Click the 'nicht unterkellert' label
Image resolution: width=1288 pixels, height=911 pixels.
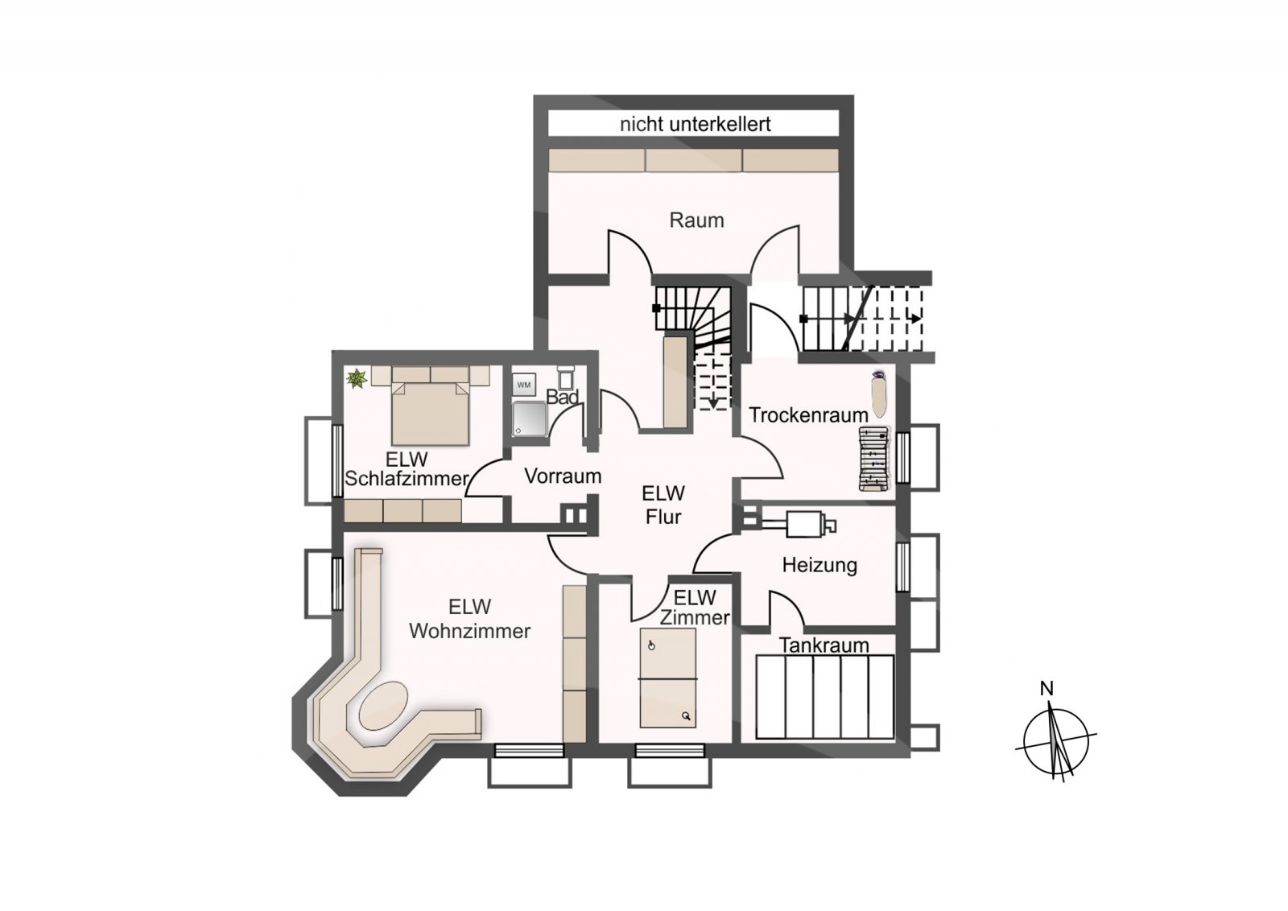[696, 124]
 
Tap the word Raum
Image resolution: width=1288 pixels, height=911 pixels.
[696, 221]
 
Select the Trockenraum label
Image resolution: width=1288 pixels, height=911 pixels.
[808, 415]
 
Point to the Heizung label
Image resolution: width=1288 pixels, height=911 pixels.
[819, 565]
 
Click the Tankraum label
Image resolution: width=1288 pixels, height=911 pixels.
[824, 645]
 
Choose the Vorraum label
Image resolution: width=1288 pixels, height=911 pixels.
[563, 476]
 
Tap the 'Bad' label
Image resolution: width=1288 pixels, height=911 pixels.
[562, 398]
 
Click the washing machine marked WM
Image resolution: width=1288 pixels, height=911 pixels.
[524, 385]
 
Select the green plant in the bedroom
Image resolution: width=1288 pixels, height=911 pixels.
[357, 379]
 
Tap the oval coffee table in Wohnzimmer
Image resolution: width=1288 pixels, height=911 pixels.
[383, 706]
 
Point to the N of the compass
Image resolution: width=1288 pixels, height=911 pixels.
[1047, 689]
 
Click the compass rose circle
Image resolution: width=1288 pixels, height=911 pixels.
[1056, 741]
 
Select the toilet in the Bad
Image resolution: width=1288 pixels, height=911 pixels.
[565, 377]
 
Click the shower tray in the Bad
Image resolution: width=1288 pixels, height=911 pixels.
[530, 418]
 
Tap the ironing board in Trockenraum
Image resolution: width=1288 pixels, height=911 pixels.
[878, 394]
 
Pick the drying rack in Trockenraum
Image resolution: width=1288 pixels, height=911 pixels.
[874, 459]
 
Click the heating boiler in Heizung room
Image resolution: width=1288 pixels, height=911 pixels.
[805, 524]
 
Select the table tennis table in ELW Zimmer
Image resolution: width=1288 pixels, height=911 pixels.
[668, 678]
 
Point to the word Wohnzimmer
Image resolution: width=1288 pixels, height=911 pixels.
[470, 631]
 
